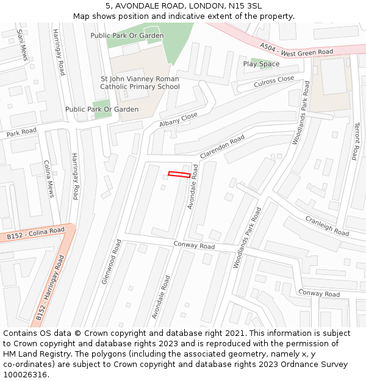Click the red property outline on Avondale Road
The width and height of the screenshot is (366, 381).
[x=179, y=175]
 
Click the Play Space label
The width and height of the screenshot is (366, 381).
[x=261, y=64]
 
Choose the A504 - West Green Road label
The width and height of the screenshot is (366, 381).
[x=296, y=49]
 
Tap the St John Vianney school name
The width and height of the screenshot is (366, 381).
[x=140, y=83]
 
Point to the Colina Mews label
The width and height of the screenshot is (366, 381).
[x=49, y=179]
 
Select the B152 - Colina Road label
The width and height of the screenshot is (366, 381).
[x=35, y=233]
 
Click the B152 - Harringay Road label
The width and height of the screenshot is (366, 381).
[x=50, y=288]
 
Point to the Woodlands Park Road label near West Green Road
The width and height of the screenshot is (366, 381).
[x=301, y=113]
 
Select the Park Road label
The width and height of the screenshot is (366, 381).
[x=21, y=132]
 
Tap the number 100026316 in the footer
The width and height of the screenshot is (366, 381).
[x=25, y=375]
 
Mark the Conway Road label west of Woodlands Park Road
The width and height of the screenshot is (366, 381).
[x=194, y=246]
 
